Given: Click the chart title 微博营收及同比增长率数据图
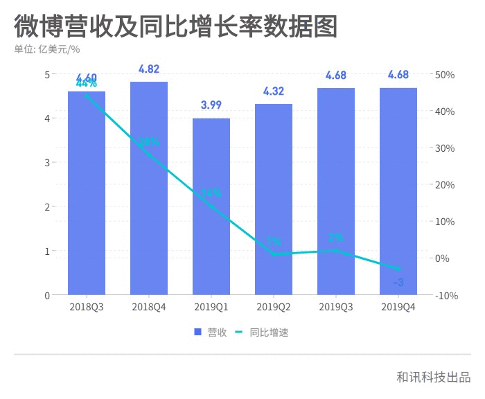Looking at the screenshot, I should click(176, 26).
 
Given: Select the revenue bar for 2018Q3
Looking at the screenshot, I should click(87, 194).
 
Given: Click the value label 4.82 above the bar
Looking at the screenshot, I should click(149, 69).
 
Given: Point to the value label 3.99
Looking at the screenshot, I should click(211, 105).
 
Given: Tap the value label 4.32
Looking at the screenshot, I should click(274, 91).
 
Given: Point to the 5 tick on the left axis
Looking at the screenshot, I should click(47, 75).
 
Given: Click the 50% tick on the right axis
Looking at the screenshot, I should click(445, 75).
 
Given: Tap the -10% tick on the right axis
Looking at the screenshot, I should click(445, 296).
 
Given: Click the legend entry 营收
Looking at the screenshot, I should click(211, 332).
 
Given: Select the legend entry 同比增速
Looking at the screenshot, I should click(262, 332).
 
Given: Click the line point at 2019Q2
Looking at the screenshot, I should click(274, 254).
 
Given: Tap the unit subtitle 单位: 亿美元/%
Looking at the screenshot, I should click(47, 49).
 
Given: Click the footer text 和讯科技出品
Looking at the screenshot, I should click(433, 377).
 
